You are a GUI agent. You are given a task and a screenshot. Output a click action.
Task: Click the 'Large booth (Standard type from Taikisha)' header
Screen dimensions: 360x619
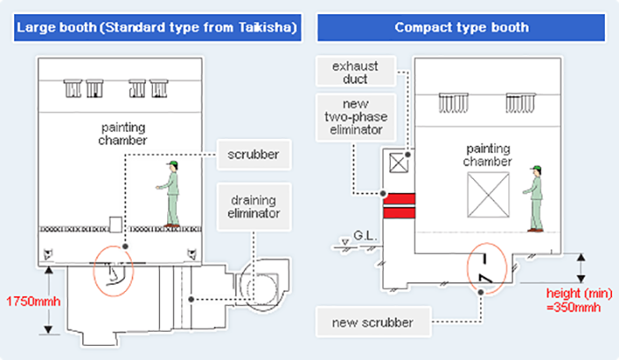(156, 27)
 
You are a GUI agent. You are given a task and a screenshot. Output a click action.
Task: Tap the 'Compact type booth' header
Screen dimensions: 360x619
(462, 27)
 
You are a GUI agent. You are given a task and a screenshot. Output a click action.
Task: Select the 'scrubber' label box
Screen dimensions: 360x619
(253, 154)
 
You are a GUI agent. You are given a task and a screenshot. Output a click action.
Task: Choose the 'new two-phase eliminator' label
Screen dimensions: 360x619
(354, 117)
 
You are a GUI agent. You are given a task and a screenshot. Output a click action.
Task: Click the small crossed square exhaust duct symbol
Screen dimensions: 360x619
(399, 161)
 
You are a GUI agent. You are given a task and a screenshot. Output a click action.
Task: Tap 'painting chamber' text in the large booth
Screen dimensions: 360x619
(123, 134)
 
